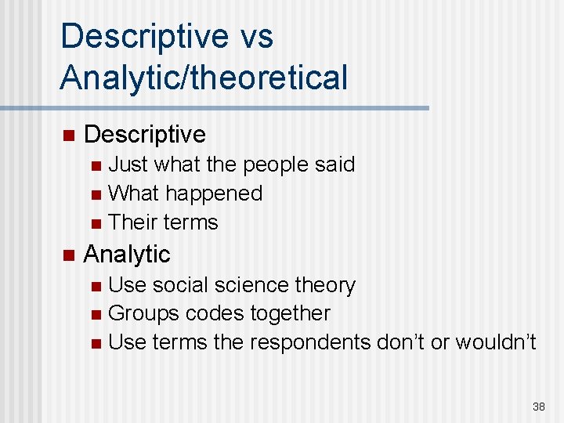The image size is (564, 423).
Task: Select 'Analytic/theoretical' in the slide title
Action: pos(204,77)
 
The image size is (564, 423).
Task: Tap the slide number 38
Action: pos(538,407)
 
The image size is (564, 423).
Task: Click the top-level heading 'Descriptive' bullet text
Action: pos(144,135)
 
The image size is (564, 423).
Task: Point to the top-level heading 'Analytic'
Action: pos(126,254)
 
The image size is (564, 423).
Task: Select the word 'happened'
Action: pos(213,193)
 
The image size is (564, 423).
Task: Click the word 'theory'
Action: pos(324,285)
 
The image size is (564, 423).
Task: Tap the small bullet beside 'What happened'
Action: pos(95,194)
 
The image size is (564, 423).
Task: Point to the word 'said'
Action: pos(334,164)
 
